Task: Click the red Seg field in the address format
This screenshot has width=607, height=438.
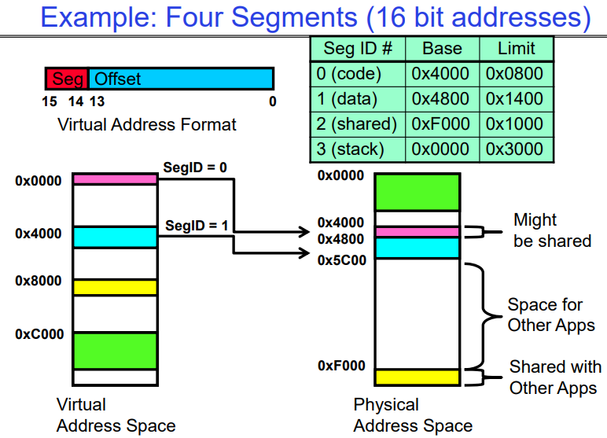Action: point(67,79)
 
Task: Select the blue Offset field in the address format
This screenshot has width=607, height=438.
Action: point(181,79)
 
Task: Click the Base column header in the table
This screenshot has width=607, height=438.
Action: point(442,48)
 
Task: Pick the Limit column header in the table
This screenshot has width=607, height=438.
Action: point(516,48)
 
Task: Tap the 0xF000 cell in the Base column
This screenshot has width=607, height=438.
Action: point(442,123)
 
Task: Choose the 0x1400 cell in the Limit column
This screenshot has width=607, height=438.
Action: point(516,98)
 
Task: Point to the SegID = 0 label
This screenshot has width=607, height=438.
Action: point(195,167)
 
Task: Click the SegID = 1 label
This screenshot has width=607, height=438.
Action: point(197,226)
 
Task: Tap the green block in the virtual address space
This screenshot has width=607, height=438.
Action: point(115,351)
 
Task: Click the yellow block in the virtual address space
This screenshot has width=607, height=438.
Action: point(115,287)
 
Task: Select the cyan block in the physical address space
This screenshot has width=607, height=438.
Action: point(417,248)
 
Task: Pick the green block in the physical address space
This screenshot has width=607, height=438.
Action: point(417,192)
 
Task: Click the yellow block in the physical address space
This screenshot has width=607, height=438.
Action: point(417,377)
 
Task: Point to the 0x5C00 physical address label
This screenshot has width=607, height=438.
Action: point(341,260)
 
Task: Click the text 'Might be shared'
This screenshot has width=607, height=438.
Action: point(552,230)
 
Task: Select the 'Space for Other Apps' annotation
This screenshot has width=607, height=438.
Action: point(550,315)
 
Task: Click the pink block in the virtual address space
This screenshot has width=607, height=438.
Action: point(115,179)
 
